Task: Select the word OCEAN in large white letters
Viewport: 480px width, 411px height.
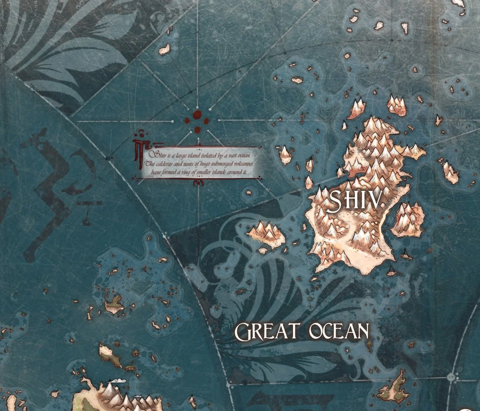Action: coord(339,331)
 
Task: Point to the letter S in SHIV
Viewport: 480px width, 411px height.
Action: coord(334,201)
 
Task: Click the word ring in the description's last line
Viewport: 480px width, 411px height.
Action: coord(191,172)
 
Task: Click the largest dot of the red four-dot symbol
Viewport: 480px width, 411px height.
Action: coord(197,115)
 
